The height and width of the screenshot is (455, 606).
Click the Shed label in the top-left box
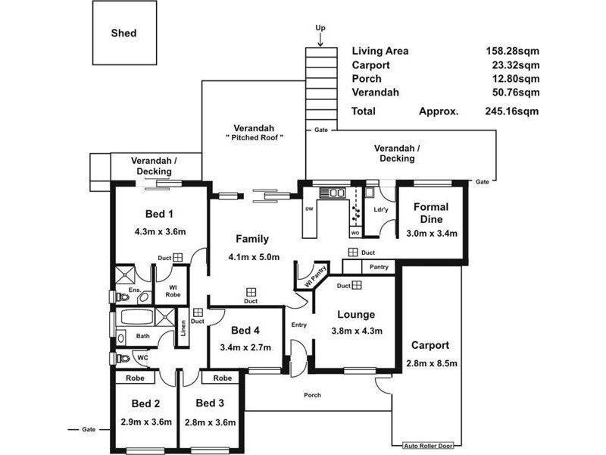123,33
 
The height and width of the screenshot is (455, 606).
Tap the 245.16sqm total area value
513,111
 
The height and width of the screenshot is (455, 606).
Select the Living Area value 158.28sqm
513,51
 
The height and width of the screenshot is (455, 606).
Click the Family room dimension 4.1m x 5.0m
254,256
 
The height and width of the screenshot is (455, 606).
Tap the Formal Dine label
431,213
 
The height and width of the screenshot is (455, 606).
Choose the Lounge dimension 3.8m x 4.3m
357,331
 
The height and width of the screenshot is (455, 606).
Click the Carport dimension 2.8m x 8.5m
432,362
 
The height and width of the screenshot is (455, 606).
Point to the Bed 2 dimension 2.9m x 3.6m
146,422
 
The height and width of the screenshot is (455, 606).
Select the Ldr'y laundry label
381,210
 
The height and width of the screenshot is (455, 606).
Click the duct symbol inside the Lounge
357,285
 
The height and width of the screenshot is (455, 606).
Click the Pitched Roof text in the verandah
254,138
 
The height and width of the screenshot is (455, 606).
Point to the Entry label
298,325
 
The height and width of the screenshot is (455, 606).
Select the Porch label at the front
312,395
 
